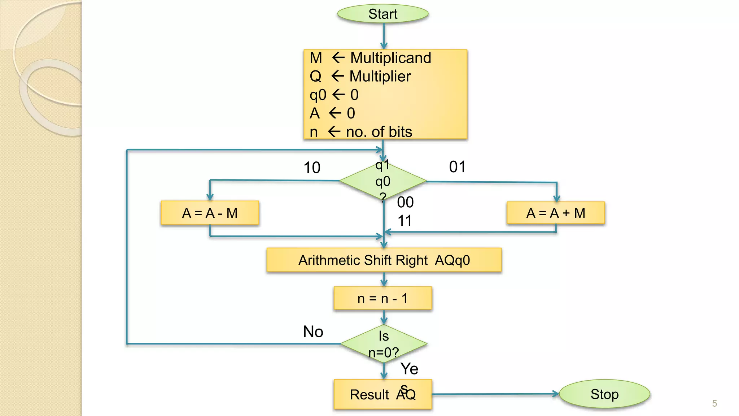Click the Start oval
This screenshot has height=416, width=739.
[382, 14]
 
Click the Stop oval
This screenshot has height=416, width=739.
[604, 394]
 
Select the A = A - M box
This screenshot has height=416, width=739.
[210, 213]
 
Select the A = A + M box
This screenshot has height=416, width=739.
[556, 213]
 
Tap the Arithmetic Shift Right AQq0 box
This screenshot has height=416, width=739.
[384, 260]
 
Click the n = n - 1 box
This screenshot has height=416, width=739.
[383, 299]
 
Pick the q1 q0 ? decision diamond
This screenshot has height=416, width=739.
[383, 181]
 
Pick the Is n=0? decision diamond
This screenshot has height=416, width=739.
[384, 344]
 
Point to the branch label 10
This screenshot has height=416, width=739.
[312, 168]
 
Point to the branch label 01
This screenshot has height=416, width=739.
[457, 167]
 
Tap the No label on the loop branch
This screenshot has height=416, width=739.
[313, 331]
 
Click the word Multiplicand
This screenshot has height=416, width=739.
[391, 58]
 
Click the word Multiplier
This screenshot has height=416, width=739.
[380, 76]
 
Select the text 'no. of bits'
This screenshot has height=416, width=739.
[379, 132]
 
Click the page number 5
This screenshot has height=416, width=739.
[714, 403]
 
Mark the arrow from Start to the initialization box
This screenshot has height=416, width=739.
[384, 36]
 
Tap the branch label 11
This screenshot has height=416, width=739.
[405, 221]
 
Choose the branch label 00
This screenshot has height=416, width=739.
[405, 202]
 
